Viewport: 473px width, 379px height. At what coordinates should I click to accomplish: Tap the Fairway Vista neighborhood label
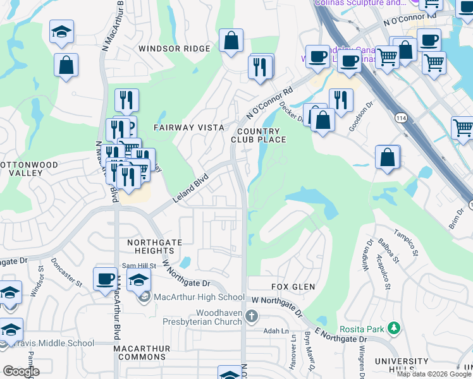pos(189,128)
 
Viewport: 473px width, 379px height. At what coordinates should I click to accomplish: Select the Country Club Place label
pos(259,135)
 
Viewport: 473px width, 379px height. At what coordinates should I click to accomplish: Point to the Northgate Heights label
pos(154,247)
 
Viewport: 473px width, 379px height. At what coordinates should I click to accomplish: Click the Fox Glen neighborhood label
pos(293,287)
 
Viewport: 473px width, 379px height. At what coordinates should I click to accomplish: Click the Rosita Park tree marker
pos(395,328)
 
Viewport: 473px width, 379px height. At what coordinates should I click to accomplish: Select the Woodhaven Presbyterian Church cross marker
pos(252,316)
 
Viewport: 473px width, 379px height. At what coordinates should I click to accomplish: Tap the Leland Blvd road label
pos(190,189)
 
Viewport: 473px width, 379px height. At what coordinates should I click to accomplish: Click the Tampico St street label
pos(407,243)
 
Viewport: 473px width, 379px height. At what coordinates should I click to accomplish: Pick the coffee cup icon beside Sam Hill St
pos(105,279)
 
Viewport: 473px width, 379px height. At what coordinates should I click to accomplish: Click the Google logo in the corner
pos(20,371)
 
